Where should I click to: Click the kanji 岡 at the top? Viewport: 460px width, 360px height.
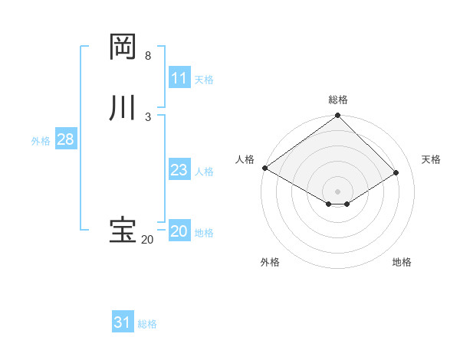[x=123, y=47]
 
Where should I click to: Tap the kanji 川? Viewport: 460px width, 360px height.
[x=123, y=108]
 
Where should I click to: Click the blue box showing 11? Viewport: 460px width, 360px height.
[x=179, y=78]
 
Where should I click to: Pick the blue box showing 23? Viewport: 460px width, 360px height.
[x=179, y=170]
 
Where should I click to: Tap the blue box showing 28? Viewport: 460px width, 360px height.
[x=65, y=139]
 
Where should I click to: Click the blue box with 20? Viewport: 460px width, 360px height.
[x=179, y=231]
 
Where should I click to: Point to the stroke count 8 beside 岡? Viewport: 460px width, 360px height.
[x=148, y=56]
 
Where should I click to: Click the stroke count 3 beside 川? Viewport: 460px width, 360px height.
[x=148, y=116]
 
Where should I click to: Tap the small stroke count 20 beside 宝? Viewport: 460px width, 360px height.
[x=147, y=240]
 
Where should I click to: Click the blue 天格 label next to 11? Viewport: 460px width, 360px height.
[x=204, y=80]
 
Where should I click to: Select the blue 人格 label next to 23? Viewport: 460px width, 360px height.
[x=204, y=172]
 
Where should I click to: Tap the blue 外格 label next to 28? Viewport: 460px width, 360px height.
[x=41, y=141]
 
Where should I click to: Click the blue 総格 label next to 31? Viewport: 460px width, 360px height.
[x=147, y=324]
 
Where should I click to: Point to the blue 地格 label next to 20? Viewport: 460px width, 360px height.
[x=204, y=233]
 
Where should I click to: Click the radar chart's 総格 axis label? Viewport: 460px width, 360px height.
[x=338, y=100]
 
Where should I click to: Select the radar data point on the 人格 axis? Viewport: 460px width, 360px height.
[x=264, y=168]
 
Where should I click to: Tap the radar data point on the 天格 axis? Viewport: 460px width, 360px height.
[x=396, y=172]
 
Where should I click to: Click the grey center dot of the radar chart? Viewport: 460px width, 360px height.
[x=338, y=191]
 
